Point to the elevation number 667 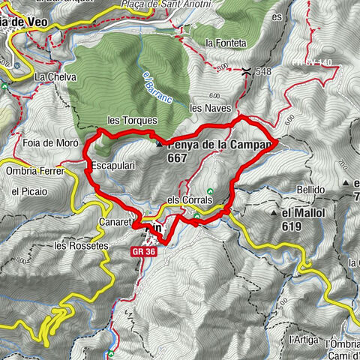coord(178,158)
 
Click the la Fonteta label coord(225,43)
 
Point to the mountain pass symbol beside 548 coord(247,71)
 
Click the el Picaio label coord(28,192)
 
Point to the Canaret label coord(115,223)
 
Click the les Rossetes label coord(82,245)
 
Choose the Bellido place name coord(310,190)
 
